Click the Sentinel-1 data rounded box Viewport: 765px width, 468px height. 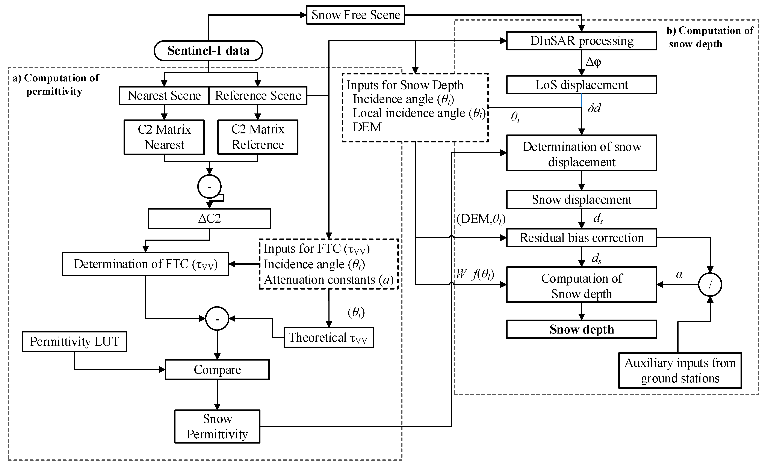pos(208,51)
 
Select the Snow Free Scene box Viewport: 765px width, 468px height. pos(355,15)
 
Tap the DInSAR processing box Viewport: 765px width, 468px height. pos(581,41)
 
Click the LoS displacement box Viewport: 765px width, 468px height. pos(581,85)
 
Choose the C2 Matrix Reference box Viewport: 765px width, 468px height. pos(258,137)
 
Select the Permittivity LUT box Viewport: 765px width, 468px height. pos(74,341)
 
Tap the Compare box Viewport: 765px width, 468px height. pos(217,369)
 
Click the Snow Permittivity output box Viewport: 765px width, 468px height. pos(217,426)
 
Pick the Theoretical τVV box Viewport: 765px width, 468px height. pos(328,337)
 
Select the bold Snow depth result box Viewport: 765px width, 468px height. pos(581,329)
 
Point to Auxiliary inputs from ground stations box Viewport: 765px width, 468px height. pos(680,370)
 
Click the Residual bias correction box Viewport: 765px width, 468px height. pos(581,238)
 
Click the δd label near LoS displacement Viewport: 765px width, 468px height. pos(594,108)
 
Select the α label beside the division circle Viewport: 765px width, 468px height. pos(679,274)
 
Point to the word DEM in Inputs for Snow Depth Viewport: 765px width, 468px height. pos(367,127)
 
